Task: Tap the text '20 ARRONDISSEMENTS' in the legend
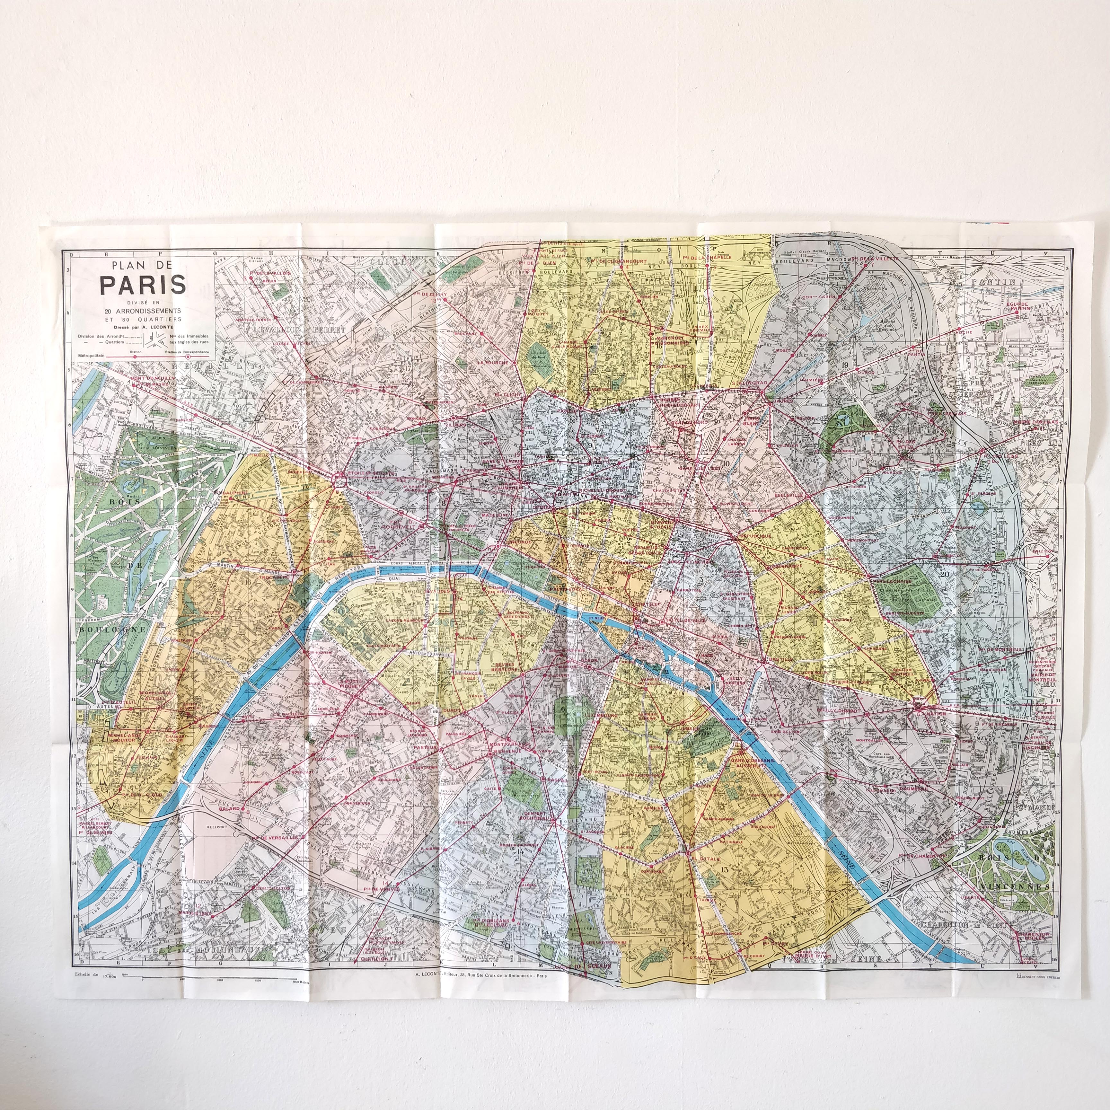click(x=143, y=311)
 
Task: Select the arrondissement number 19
click(x=845, y=365)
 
